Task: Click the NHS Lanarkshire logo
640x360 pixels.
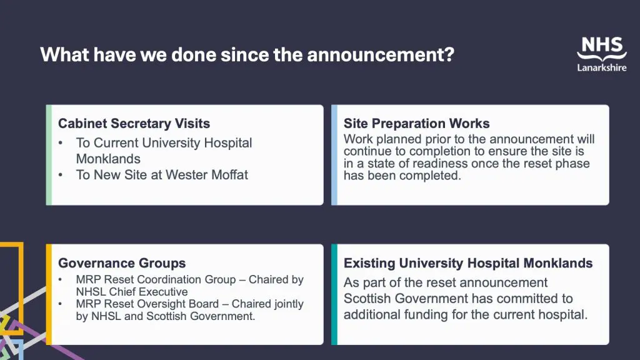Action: (602, 54)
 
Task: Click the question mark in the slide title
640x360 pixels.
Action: (449, 54)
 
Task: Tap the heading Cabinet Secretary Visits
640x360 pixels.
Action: (134, 123)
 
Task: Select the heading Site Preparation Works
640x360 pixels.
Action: (416, 123)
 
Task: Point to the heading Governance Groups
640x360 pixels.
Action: (122, 263)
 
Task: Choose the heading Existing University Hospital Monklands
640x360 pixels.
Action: (467, 263)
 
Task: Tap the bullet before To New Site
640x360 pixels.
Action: (61, 175)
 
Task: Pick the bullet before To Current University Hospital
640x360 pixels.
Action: (61, 143)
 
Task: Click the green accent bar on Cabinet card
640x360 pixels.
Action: (49, 155)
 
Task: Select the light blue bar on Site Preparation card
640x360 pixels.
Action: (334, 155)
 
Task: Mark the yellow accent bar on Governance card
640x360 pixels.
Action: (49, 294)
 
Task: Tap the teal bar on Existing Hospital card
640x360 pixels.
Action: (334, 294)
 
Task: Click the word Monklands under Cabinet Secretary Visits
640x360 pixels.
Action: (108, 159)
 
